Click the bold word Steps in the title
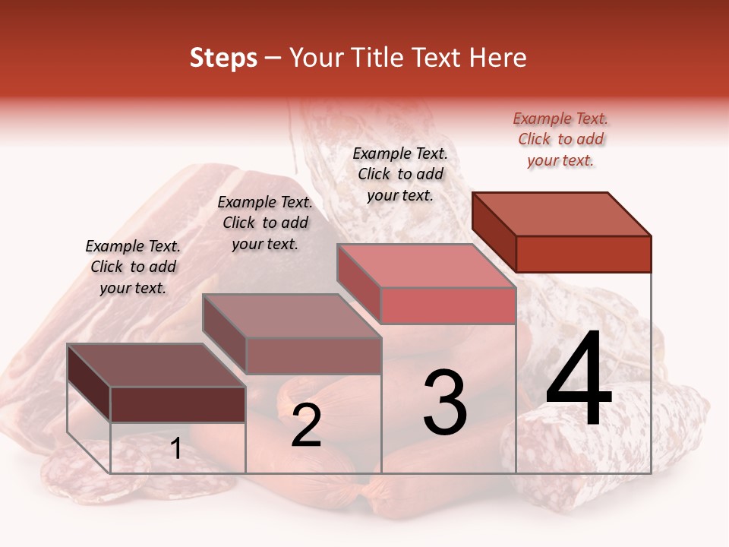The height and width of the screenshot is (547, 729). pyautogui.click(x=223, y=58)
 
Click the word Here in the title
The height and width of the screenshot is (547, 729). pyautogui.click(x=498, y=58)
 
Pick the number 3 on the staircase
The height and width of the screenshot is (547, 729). pyautogui.click(x=445, y=403)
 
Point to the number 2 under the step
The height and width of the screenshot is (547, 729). pyautogui.click(x=306, y=425)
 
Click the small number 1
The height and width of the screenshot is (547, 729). pyautogui.click(x=176, y=449)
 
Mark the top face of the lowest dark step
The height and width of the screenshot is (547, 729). pyautogui.click(x=156, y=365)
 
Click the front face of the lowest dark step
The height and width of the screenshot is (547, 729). pyautogui.click(x=178, y=404)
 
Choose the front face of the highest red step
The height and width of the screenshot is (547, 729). pyautogui.click(x=583, y=254)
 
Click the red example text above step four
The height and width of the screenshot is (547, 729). pyautogui.click(x=561, y=139)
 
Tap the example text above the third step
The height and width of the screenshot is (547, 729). pyautogui.click(x=400, y=174)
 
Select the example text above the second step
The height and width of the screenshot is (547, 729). pyautogui.click(x=265, y=223)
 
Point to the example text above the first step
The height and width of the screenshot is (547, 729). pyautogui.click(x=133, y=267)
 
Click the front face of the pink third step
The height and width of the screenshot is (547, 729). pyautogui.click(x=448, y=305)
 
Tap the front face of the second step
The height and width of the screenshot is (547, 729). pyautogui.click(x=313, y=356)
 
